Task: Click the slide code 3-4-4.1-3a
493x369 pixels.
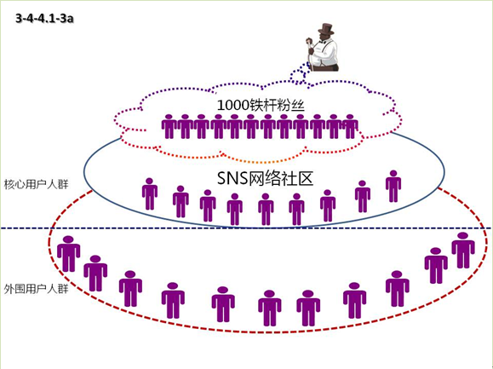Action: (x=44, y=19)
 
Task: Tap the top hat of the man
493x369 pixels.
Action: (x=326, y=29)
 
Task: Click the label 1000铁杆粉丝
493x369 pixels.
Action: (x=261, y=105)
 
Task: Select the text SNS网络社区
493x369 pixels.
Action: (x=265, y=178)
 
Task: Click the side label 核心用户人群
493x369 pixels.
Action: (x=36, y=184)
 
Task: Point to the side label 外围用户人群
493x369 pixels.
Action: (x=36, y=289)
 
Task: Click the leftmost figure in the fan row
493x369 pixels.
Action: (x=169, y=126)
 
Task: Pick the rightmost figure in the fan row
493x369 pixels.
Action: (x=350, y=126)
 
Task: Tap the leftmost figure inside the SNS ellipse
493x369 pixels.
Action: (x=150, y=193)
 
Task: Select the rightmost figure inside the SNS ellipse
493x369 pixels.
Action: (x=393, y=187)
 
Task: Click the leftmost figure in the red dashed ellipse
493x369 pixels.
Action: (x=68, y=254)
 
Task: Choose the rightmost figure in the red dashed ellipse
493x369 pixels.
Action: (x=463, y=250)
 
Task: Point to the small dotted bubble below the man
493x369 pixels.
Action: (x=297, y=76)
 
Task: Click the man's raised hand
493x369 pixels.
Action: (x=309, y=40)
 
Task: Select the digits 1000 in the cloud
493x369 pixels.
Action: (x=233, y=106)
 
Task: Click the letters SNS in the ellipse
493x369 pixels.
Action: (x=232, y=179)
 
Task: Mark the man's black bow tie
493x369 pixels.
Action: (x=322, y=41)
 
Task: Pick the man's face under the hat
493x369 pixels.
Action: (x=326, y=37)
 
